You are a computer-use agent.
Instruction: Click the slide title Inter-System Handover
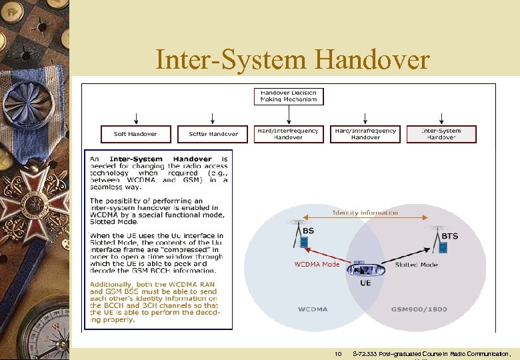click(x=292, y=60)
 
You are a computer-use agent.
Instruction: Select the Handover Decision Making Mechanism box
click(x=289, y=96)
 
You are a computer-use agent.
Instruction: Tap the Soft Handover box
click(x=136, y=134)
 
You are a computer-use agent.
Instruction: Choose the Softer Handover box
click(x=213, y=134)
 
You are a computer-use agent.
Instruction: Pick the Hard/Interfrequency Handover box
click(x=289, y=134)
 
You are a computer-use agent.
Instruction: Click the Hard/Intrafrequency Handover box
click(x=365, y=134)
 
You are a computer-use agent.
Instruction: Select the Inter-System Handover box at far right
click(x=442, y=134)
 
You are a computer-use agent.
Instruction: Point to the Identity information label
click(x=365, y=213)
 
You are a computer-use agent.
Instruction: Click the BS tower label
click(x=309, y=231)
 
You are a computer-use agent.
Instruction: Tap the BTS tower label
click(x=450, y=236)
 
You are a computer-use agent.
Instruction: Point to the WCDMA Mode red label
click(x=317, y=265)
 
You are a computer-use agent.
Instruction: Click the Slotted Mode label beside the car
click(x=416, y=265)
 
